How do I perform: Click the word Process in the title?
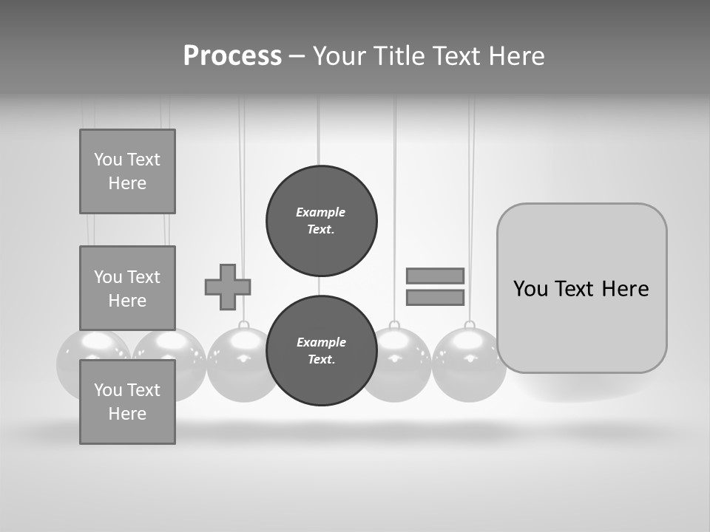pyautogui.click(x=232, y=56)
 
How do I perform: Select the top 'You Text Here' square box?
pyautogui.click(x=127, y=171)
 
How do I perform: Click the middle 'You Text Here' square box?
pyautogui.click(x=127, y=288)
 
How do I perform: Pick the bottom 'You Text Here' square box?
pyautogui.click(x=127, y=402)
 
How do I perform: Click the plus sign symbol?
pyautogui.click(x=228, y=287)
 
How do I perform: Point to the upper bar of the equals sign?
pyautogui.click(x=435, y=276)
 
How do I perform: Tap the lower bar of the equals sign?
pyautogui.click(x=435, y=297)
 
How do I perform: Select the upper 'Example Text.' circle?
pyautogui.click(x=321, y=221)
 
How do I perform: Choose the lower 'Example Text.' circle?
pyautogui.click(x=321, y=351)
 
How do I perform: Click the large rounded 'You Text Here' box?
pyautogui.click(x=581, y=288)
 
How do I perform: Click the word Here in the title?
pyautogui.click(x=513, y=56)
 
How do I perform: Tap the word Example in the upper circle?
pyautogui.click(x=320, y=212)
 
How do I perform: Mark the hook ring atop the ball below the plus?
pyautogui.click(x=243, y=325)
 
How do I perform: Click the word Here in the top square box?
pyautogui.click(x=127, y=183)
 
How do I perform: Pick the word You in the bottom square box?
pyautogui.click(x=106, y=390)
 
